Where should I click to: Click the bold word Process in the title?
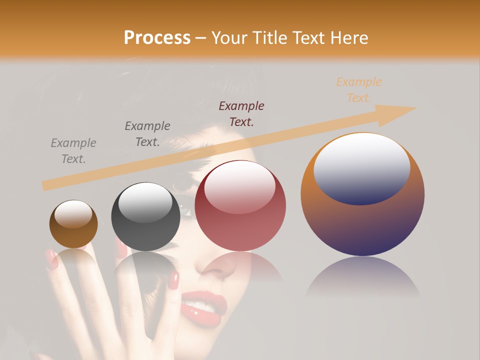(x=157, y=38)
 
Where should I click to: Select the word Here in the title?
(x=348, y=38)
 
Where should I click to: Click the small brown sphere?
(x=73, y=224)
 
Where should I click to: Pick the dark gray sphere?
(x=145, y=217)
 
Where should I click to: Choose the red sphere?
(x=240, y=206)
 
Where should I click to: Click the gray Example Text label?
(x=73, y=151)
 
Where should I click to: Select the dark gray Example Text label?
(x=147, y=134)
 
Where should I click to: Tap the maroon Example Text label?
(x=241, y=113)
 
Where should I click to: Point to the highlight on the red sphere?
(x=239, y=187)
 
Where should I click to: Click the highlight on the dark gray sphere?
(x=145, y=202)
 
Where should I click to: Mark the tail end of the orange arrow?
(x=45, y=186)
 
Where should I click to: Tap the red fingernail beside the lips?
(x=173, y=280)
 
